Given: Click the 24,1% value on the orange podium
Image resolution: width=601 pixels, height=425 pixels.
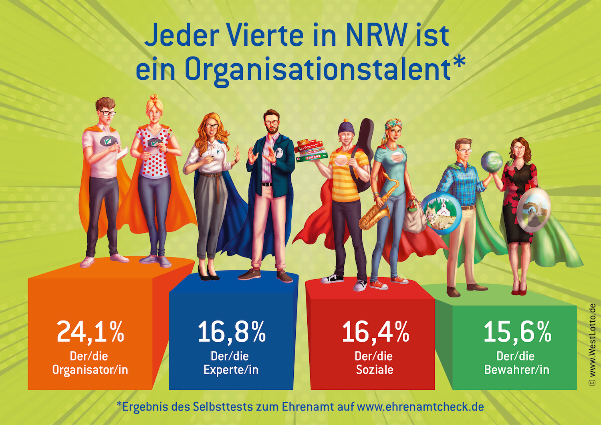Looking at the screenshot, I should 90,332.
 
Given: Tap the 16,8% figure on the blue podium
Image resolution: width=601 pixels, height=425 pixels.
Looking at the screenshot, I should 232,332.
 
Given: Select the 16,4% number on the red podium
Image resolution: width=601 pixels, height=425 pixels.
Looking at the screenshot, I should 375,332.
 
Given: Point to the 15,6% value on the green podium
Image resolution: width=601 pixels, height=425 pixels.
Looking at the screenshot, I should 517,332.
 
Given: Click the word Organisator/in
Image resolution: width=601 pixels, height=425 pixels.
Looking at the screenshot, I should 90,370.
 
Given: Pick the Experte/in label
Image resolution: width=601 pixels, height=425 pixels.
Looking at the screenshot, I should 231,370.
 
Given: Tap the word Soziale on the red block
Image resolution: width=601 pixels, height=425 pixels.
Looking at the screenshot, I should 375,370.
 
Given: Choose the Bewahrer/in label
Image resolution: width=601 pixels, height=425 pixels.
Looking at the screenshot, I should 516,370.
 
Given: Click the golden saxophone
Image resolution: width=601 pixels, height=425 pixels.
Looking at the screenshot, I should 379,206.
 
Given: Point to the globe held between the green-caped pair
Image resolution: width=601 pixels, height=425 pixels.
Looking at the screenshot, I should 492,162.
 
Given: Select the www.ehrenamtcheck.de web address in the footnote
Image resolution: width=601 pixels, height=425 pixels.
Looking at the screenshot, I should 420,407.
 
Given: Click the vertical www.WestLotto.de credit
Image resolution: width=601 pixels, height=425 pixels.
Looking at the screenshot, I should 592,344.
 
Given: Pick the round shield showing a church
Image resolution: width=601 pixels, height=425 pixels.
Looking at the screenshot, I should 442,213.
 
